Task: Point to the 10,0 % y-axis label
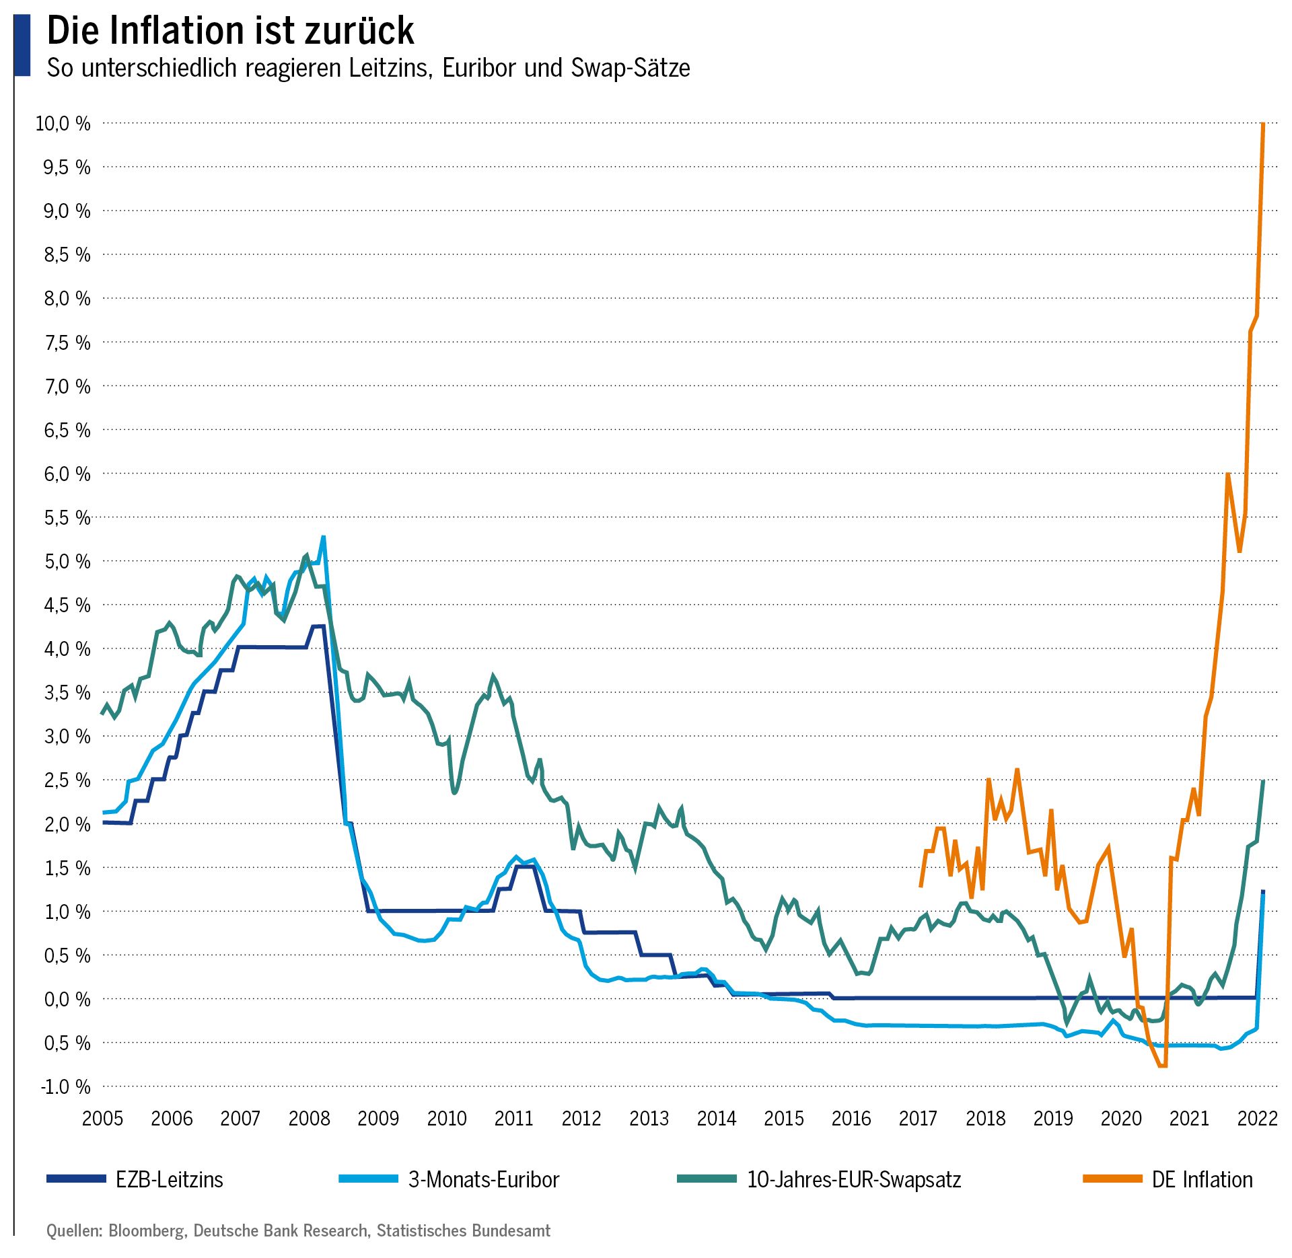tap(63, 123)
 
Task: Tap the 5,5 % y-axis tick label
tap(67, 517)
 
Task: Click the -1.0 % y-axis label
tap(65, 1086)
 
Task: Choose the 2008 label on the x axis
tap(309, 1118)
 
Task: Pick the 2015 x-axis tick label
tap(783, 1118)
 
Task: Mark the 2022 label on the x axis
tap(1257, 1118)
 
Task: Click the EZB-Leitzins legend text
tap(169, 1179)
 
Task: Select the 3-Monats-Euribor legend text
tap(483, 1179)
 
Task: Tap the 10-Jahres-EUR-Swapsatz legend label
tap(853, 1179)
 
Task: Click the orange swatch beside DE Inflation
tap(1112, 1179)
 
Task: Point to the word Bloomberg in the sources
tap(146, 1230)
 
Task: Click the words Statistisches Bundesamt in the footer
tap(463, 1230)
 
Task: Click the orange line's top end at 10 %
tap(1263, 124)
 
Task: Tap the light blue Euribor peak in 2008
tap(323, 538)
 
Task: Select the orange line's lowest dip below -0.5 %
tap(1162, 1066)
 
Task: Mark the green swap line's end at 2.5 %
tap(1263, 781)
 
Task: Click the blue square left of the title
tap(22, 45)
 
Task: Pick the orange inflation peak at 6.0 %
tap(1228, 475)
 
